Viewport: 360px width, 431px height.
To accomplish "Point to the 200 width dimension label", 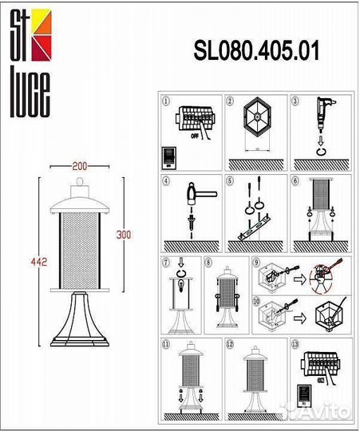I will point(80,166).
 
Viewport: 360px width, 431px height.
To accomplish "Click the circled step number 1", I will point(166,102).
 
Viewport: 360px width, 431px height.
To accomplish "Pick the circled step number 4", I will point(166,180).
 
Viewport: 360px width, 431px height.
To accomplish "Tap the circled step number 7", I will point(166,262).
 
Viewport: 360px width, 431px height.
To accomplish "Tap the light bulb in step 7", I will point(182,285).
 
